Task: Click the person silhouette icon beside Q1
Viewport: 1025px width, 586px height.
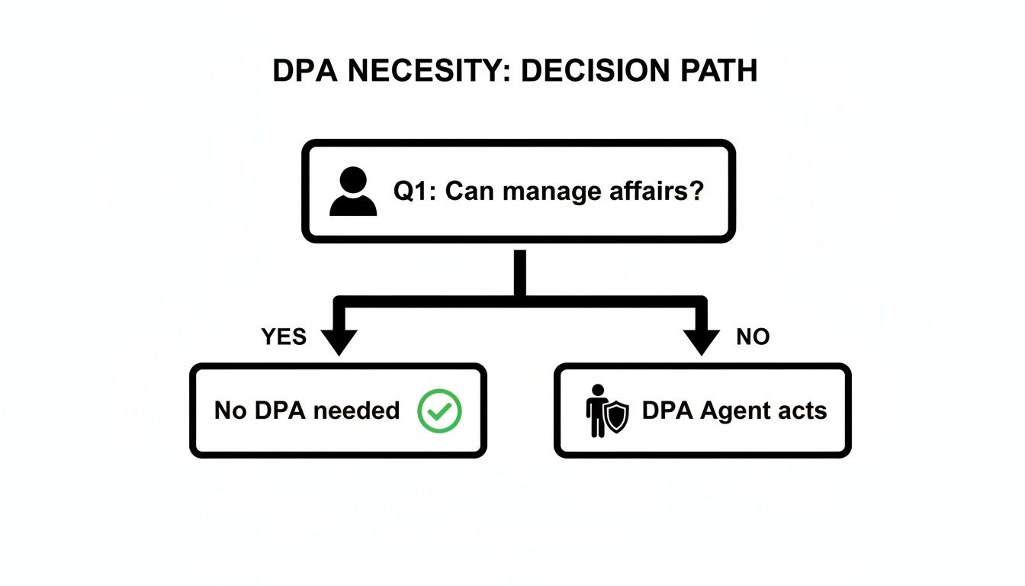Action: (353, 192)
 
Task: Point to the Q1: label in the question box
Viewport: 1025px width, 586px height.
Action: (416, 191)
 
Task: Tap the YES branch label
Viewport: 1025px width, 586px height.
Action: (284, 336)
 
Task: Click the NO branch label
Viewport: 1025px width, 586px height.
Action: (753, 336)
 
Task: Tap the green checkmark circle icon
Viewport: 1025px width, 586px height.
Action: (440, 411)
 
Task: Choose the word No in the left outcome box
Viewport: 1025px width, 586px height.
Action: (230, 411)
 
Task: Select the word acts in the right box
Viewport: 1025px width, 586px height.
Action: (802, 411)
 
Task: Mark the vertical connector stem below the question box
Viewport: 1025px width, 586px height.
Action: (520, 271)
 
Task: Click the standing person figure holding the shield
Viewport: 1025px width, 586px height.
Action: (596, 411)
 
